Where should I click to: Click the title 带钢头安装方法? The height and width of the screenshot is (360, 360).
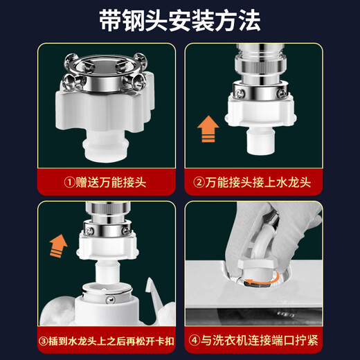point(180,21)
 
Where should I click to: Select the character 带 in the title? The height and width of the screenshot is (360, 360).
point(111,21)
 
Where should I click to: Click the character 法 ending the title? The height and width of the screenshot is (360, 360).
point(248,21)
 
